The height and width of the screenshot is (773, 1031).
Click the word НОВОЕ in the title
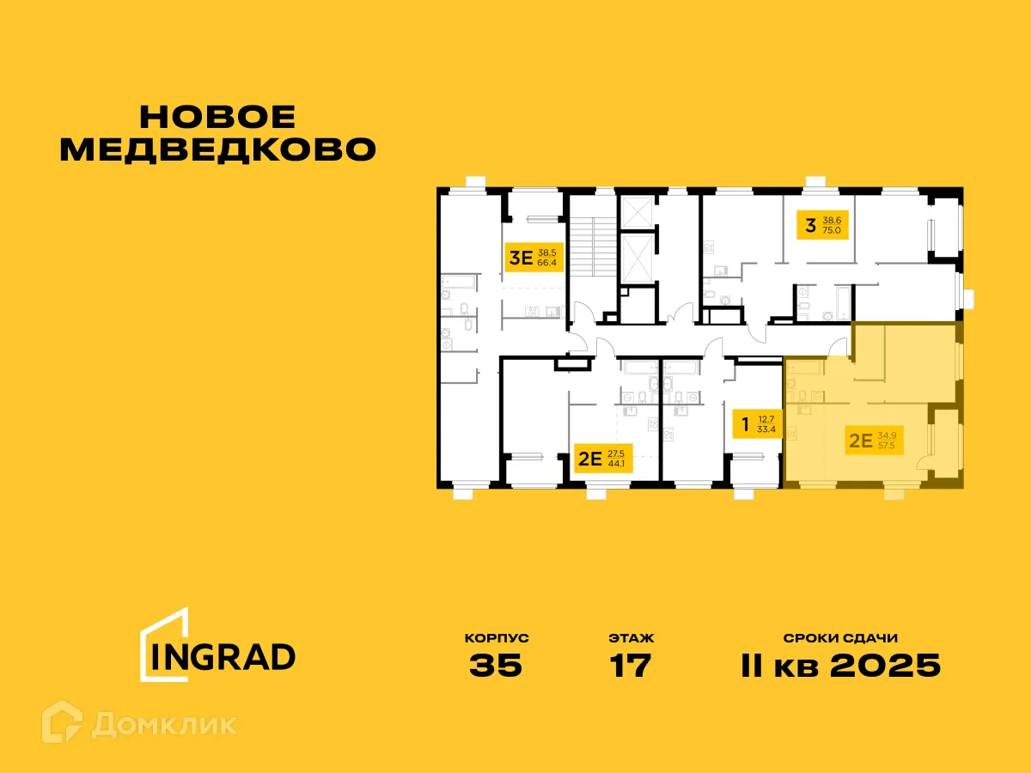[x=217, y=118]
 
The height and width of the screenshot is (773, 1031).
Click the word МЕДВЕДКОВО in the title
[x=219, y=149]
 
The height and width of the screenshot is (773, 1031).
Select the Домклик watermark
[x=164, y=723]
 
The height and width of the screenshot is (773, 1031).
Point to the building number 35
[x=496, y=666]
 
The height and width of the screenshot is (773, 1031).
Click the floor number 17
[x=630, y=666]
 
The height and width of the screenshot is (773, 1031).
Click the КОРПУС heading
[x=496, y=638]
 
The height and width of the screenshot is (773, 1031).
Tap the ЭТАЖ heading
[x=631, y=638]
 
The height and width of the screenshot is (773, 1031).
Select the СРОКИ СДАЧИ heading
[x=840, y=638]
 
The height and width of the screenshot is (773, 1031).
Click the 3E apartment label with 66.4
[x=534, y=256]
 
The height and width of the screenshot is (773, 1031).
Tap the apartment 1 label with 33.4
[x=755, y=423]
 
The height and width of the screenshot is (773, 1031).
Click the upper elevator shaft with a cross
[x=638, y=211]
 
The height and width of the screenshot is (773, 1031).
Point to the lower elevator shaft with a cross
[x=638, y=257]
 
